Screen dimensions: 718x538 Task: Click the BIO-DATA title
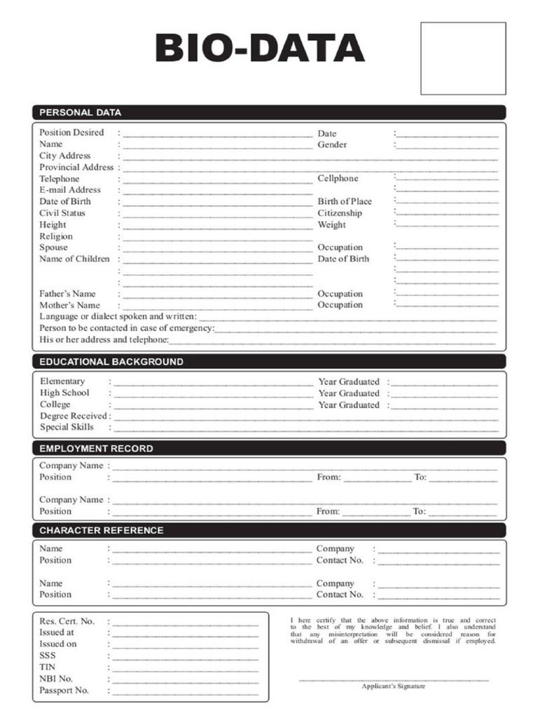[259, 48]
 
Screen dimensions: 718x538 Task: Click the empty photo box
[462, 58]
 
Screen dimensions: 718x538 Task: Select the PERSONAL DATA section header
[80, 112]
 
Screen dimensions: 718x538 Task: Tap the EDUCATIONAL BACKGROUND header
[111, 362]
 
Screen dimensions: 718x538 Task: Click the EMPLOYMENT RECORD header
[96, 449]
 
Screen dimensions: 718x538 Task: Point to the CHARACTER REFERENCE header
[101, 531]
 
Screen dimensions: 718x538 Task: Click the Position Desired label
[71, 133]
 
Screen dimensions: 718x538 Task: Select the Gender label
[332, 144]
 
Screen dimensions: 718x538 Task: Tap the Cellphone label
[338, 179]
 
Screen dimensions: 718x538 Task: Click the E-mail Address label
[70, 190]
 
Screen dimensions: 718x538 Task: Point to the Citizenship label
[340, 213]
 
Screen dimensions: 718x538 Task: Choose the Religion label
[56, 236]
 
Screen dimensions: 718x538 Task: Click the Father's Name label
[67, 294]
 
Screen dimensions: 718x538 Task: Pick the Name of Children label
[74, 259]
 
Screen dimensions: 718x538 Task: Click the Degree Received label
[73, 416]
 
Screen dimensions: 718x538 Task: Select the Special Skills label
[67, 427]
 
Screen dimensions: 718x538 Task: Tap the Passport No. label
[64, 691]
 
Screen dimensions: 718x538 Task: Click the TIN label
[47, 668]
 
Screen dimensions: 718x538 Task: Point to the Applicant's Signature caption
[393, 686]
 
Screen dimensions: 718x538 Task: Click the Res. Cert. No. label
[67, 621]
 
